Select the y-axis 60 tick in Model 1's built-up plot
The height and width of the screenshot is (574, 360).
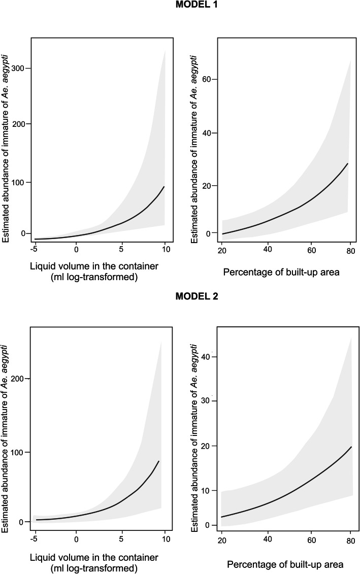[x=207, y=79]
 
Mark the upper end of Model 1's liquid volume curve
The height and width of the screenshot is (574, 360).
[x=164, y=187]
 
